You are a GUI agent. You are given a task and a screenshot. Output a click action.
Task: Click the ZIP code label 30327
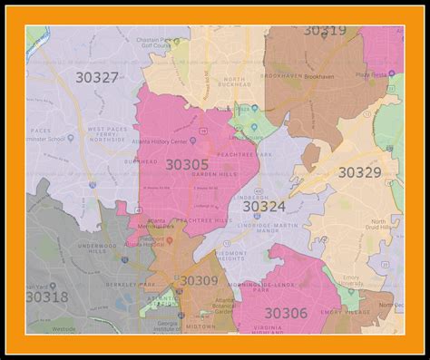tap(98, 77)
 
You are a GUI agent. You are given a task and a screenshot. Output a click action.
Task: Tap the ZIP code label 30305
tap(187, 164)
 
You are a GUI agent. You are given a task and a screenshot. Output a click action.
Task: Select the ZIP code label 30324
tap(263, 207)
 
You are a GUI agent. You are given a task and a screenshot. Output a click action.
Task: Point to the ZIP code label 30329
tap(359, 171)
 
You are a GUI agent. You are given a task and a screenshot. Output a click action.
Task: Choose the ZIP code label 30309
tap(199, 281)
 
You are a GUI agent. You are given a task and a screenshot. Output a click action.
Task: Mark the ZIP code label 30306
tap(286, 312)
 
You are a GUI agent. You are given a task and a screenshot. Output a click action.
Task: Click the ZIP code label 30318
tap(47, 297)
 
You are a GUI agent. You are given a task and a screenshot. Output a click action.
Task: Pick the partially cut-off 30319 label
tap(324, 32)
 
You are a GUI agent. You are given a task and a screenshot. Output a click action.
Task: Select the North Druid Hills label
tap(385, 225)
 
